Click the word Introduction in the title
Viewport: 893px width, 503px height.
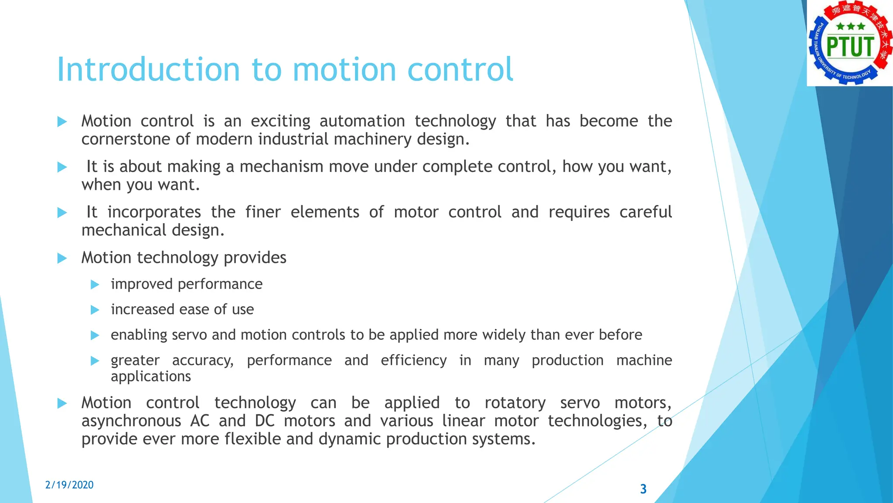click(x=148, y=69)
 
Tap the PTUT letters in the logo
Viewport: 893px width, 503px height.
click(x=850, y=47)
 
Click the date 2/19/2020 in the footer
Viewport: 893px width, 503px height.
click(x=69, y=485)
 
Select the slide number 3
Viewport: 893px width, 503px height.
click(x=643, y=489)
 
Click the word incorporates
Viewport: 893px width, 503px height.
click(x=154, y=212)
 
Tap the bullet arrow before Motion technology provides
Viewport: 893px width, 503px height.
click(x=62, y=258)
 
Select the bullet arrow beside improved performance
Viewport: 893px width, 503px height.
click(x=95, y=285)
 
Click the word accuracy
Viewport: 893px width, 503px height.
click(x=202, y=361)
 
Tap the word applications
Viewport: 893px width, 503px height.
click(x=150, y=377)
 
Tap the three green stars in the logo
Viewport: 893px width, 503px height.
click(x=850, y=27)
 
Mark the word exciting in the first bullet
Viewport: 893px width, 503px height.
click(x=280, y=121)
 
